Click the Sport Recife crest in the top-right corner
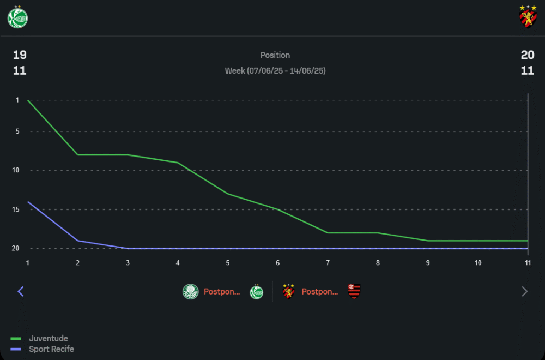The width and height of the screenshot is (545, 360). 528,16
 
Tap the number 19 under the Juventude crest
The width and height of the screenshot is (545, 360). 20,55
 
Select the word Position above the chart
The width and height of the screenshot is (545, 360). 275,55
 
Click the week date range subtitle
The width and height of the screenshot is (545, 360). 275,71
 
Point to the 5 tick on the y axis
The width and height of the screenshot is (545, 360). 17,131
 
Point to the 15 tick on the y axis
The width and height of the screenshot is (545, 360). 16,209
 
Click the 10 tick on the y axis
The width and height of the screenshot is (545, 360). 16,170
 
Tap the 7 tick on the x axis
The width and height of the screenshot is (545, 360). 328,263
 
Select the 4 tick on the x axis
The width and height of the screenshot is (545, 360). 178,263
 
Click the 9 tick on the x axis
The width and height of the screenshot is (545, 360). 428,263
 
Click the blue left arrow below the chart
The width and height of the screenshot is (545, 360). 21,291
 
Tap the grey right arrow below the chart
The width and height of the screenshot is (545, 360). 525,291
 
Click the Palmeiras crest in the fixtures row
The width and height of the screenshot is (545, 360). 190,292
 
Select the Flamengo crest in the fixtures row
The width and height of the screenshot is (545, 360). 355,292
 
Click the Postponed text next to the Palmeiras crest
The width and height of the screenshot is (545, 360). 222,292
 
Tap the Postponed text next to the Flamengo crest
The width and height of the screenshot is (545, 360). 320,292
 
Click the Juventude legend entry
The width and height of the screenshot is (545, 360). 48,339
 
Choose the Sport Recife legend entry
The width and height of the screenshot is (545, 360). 51,349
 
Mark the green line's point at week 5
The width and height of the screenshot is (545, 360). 228,194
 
